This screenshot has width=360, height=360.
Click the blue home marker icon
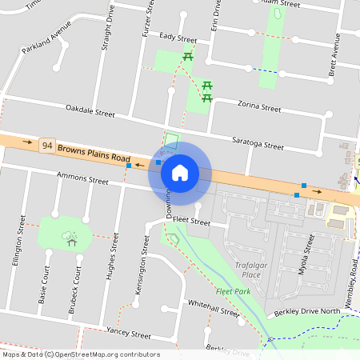[x=180, y=173]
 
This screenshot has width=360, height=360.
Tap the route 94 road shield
[x=48, y=146]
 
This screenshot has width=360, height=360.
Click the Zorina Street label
[x=260, y=106]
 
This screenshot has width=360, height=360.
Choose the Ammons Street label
[x=82, y=178]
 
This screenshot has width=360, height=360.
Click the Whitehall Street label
[x=214, y=308]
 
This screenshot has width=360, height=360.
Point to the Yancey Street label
[x=128, y=333]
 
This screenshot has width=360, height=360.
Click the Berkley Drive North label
[x=307, y=311]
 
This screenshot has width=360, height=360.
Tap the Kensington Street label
[x=141, y=271]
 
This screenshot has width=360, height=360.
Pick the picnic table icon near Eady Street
[x=188, y=56]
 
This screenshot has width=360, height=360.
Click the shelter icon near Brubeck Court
[x=71, y=239]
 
